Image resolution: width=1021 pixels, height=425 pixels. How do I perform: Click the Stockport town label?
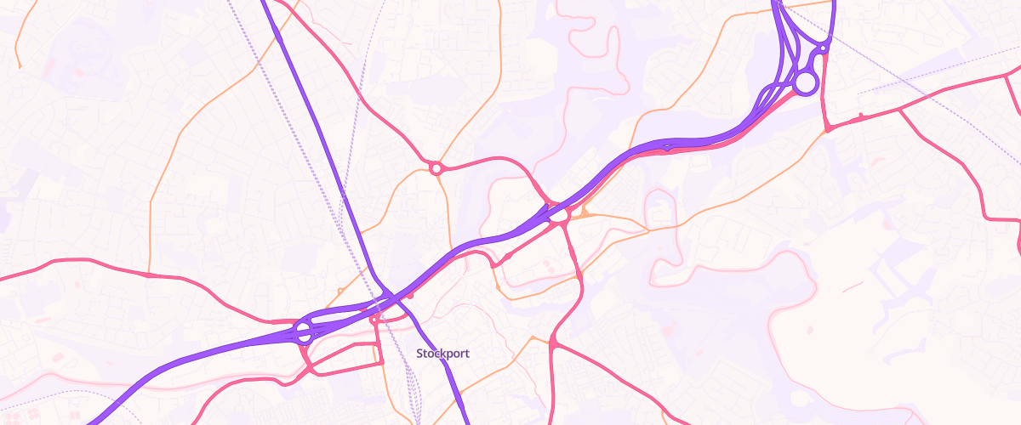pyautogui.click(x=442, y=353)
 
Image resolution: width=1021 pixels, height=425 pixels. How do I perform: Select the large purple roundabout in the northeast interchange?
pyautogui.click(x=805, y=82)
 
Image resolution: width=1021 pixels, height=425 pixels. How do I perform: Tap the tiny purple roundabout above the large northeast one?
pyautogui.click(x=823, y=49)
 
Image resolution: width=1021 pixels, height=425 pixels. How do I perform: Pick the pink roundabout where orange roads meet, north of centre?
pyautogui.click(x=436, y=168)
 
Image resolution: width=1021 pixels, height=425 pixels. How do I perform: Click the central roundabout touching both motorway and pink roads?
pyautogui.click(x=559, y=216)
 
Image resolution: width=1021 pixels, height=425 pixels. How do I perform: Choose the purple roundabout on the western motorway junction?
pyautogui.click(x=304, y=332)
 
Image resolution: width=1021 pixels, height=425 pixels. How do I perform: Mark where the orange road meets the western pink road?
pyautogui.click(x=150, y=275)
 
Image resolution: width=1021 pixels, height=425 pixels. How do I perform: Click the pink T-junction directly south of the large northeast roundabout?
pyautogui.click(x=826, y=128)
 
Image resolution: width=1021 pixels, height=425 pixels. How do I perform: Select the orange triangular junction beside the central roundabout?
pyautogui.click(x=585, y=212)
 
